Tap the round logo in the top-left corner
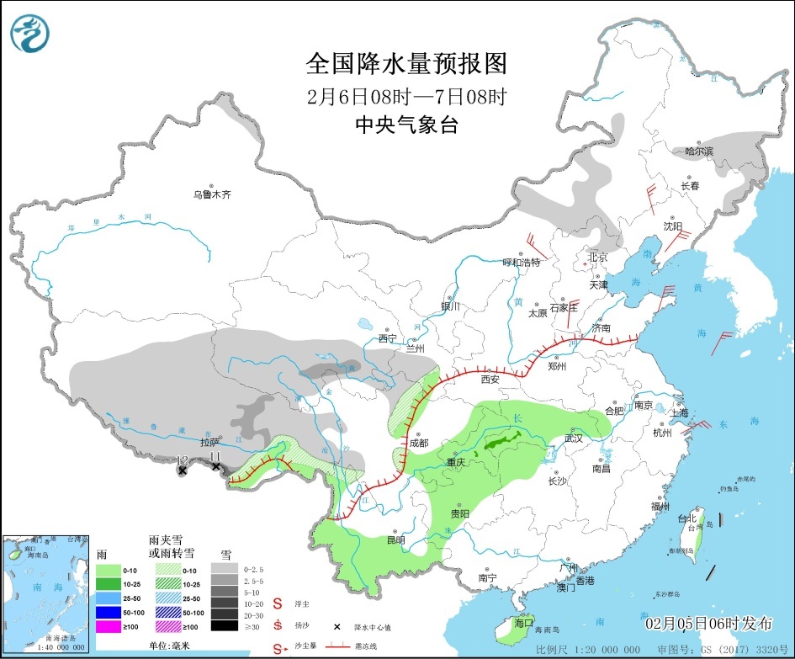(30, 32)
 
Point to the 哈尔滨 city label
(698, 151)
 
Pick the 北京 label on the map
(597, 257)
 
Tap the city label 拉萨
(209, 442)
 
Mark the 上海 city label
(681, 412)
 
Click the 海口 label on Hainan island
(524, 623)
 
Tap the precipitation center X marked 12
(182, 470)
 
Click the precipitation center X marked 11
(216, 466)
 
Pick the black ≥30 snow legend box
(223, 625)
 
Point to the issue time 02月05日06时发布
(708, 624)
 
